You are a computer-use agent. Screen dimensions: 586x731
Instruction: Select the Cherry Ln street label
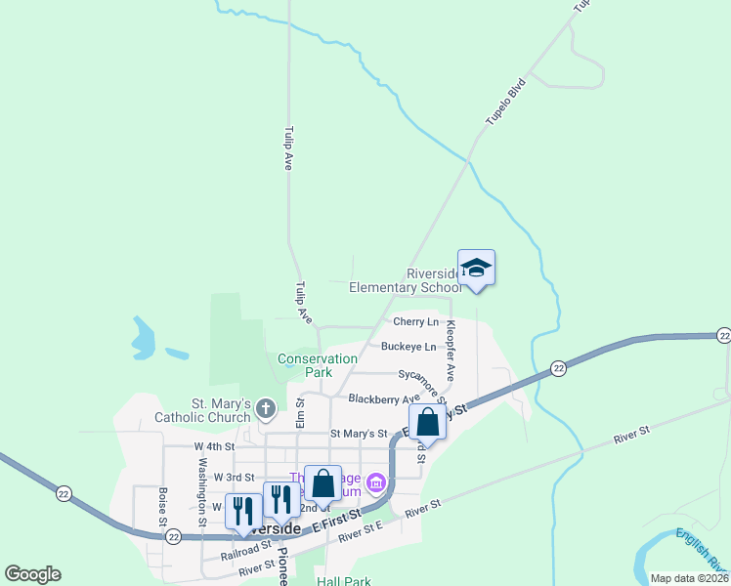(x=415, y=322)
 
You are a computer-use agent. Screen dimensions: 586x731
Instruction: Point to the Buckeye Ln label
(x=408, y=347)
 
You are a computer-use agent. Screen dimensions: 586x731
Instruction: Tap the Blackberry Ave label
(x=384, y=398)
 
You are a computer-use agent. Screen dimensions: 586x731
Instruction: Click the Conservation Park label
(x=318, y=365)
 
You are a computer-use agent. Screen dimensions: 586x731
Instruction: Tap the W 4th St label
(x=213, y=446)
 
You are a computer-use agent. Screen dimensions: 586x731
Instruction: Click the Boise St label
(x=162, y=505)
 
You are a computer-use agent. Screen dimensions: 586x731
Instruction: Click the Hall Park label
(x=344, y=581)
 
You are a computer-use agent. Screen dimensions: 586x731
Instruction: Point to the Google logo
(x=32, y=574)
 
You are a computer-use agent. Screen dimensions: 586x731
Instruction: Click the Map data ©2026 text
(x=689, y=578)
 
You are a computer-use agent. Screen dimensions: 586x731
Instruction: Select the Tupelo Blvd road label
(x=504, y=102)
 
